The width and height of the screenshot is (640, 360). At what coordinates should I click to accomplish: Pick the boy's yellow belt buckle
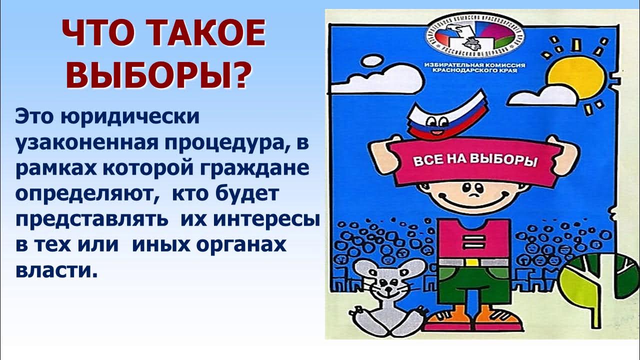click(x=473, y=261)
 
